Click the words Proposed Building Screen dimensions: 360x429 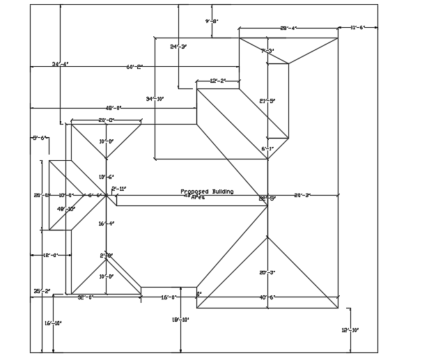[x=207, y=191]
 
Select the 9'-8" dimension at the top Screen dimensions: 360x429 [x=212, y=22]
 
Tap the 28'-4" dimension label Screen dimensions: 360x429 [x=288, y=29]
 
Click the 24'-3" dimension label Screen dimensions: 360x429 [x=178, y=47]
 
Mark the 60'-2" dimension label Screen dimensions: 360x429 [x=134, y=67]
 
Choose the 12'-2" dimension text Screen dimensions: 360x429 [x=218, y=81]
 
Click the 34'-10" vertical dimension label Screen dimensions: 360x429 [x=155, y=99]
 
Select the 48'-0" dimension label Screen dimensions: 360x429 [x=114, y=108]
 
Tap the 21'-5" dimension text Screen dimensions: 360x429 [x=267, y=101]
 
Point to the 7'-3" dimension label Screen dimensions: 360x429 [x=267, y=51]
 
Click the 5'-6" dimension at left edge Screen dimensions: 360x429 [x=39, y=138]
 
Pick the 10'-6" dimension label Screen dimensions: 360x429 [x=106, y=177]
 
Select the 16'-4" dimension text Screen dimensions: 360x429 [x=106, y=224]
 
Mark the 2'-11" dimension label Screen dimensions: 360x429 [x=119, y=189]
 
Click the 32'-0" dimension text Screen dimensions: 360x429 [x=85, y=297]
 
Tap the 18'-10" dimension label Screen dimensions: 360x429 [x=181, y=320]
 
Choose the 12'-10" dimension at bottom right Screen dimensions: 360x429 [x=350, y=329]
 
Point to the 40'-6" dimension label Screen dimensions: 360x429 [x=267, y=297]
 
